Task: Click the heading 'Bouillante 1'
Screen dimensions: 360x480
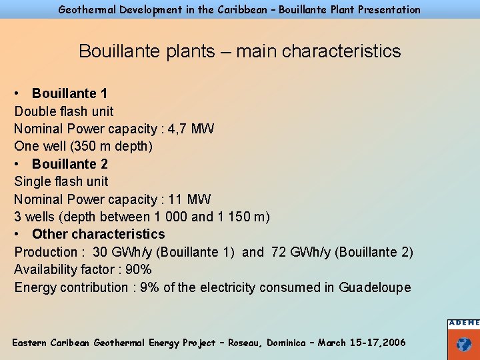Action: coord(69,93)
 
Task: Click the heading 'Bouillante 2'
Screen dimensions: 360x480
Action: coord(69,164)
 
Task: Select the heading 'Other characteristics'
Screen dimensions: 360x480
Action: coord(98,234)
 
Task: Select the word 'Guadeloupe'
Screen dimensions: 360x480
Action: coord(375,287)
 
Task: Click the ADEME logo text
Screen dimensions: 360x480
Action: coord(463,323)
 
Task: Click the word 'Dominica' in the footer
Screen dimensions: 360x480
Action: coord(289,343)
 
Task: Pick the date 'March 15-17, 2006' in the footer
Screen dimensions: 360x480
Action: coord(361,343)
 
